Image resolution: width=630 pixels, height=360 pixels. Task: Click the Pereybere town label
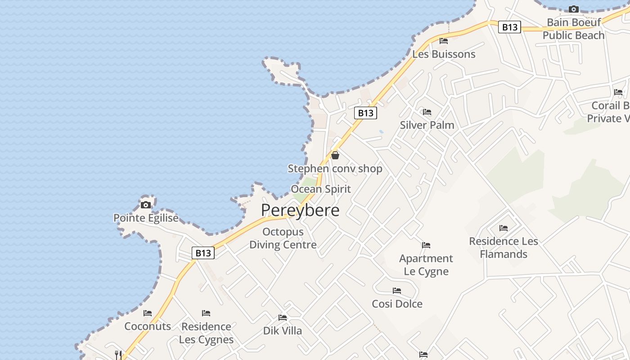[300, 210]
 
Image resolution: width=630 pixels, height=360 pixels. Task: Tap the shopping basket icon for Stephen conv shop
[335, 155]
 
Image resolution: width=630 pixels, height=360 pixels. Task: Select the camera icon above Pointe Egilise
[146, 205]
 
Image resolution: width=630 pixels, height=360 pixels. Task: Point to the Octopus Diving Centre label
[283, 238]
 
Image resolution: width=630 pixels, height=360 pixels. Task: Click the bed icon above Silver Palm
[427, 112]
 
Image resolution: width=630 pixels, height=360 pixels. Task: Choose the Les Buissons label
[444, 54]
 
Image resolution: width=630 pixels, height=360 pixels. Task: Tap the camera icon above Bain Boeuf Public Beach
[573, 9]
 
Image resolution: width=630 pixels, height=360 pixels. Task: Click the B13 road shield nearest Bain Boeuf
[509, 27]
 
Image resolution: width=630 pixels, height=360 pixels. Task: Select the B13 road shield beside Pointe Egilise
[203, 253]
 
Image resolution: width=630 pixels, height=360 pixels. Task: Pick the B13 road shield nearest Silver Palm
[365, 113]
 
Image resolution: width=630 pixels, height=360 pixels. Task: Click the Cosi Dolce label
[397, 304]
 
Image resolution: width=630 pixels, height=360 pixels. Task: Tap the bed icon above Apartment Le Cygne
[426, 245]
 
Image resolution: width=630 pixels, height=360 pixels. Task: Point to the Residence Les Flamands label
[504, 247]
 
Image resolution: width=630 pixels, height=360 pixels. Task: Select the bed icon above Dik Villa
[283, 318]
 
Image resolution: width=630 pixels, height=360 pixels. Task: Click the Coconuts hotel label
[148, 326]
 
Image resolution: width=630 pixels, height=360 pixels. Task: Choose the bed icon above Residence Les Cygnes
[206, 313]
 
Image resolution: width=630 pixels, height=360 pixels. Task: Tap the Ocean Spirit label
[321, 189]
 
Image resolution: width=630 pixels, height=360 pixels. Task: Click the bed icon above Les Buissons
[444, 41]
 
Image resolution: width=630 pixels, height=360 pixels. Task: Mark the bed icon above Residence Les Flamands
[504, 228]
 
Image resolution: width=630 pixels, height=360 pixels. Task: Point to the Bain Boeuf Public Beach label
[573, 29]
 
